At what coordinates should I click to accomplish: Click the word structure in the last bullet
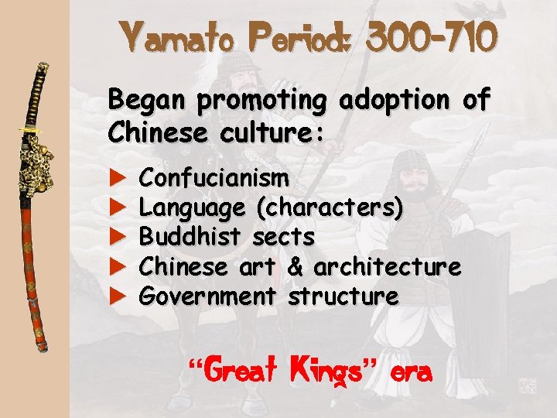(343, 296)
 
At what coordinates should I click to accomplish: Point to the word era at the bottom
(410, 372)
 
